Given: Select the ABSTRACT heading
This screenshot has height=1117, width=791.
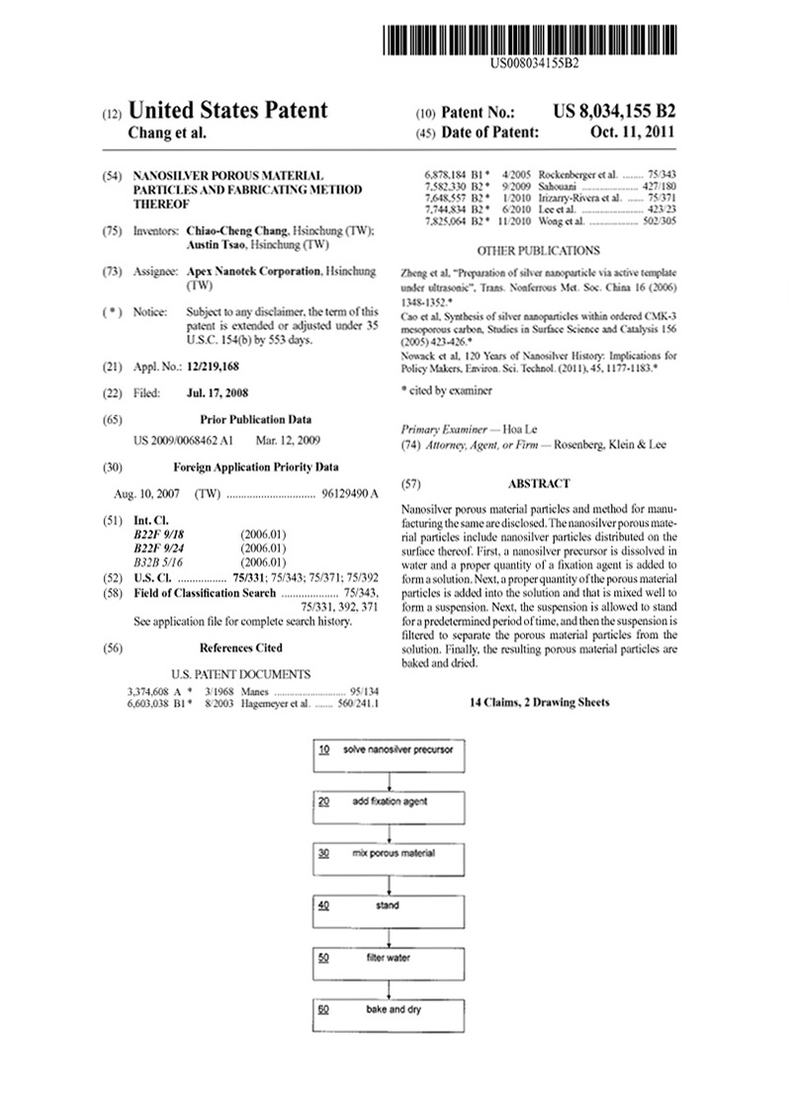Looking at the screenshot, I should click(538, 484).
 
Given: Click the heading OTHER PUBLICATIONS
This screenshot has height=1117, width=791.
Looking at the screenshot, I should click(538, 251).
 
